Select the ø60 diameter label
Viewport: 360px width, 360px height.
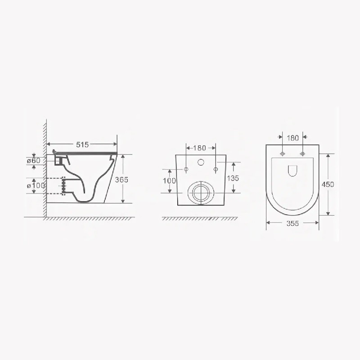coord(34,160)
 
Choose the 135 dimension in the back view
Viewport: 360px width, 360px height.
coord(233,178)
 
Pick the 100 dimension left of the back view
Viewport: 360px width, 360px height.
coord(169,180)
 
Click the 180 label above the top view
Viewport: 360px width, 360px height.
coord(292,138)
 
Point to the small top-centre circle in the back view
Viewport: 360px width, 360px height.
coord(201,162)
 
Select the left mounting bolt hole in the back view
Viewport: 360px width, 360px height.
coord(186,169)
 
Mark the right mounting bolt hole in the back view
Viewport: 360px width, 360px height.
coord(216,169)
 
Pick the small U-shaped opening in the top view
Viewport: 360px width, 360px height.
coord(292,170)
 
